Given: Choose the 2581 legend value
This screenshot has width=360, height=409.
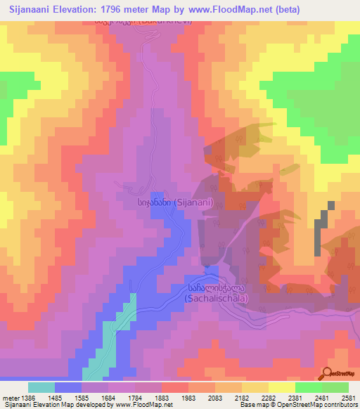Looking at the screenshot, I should point(349,398).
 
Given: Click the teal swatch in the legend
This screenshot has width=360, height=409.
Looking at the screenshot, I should point(41,387).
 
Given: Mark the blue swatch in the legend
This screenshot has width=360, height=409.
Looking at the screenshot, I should point(68,387).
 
